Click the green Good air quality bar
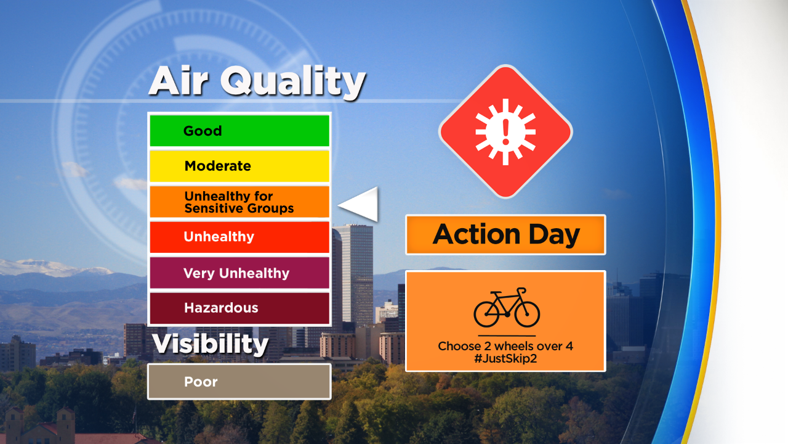[x=239, y=131]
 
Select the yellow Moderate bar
[x=239, y=166]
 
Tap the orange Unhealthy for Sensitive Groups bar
[x=239, y=202]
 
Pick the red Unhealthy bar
[x=239, y=237]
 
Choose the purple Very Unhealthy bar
[x=239, y=273]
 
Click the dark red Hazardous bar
[x=239, y=308]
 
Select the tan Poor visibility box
[x=239, y=382]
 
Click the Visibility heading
[x=211, y=343]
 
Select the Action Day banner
[x=505, y=235]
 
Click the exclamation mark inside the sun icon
[x=506, y=132]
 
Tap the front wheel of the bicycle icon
[x=527, y=314]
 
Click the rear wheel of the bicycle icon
[x=486, y=314]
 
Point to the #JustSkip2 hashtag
[x=505, y=359]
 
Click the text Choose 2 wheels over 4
[x=505, y=346]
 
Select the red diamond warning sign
[x=505, y=131]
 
